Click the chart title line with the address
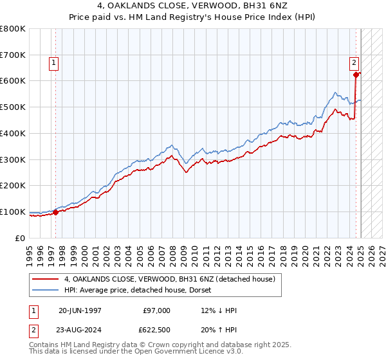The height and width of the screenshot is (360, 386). [x=193, y=6]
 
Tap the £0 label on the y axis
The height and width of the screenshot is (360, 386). [x=20, y=238]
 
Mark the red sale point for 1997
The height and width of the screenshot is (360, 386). [x=56, y=212]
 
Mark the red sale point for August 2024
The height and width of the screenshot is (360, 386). [x=356, y=75]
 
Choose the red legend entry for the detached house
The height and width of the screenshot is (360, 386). [x=170, y=279]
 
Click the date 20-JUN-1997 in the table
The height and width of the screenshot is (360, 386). [x=80, y=310]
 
